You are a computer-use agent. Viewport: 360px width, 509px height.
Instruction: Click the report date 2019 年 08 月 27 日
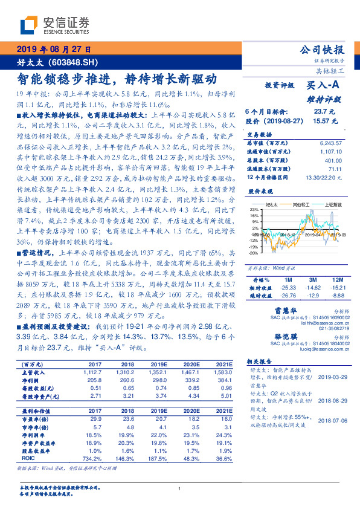(53, 50)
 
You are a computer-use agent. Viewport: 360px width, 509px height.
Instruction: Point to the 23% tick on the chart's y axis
(253, 209)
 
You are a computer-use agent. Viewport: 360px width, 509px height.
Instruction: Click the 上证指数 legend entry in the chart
(334, 204)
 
